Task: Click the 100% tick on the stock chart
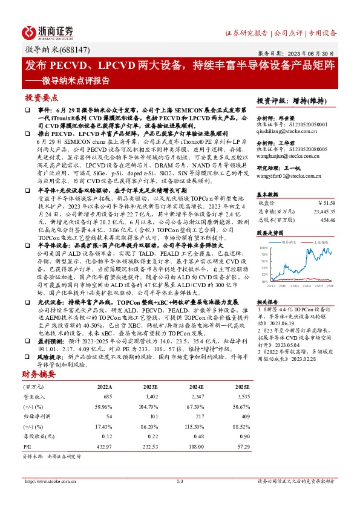click(263, 248)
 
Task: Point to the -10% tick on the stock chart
click(263, 281)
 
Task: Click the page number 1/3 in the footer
click(180, 481)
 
